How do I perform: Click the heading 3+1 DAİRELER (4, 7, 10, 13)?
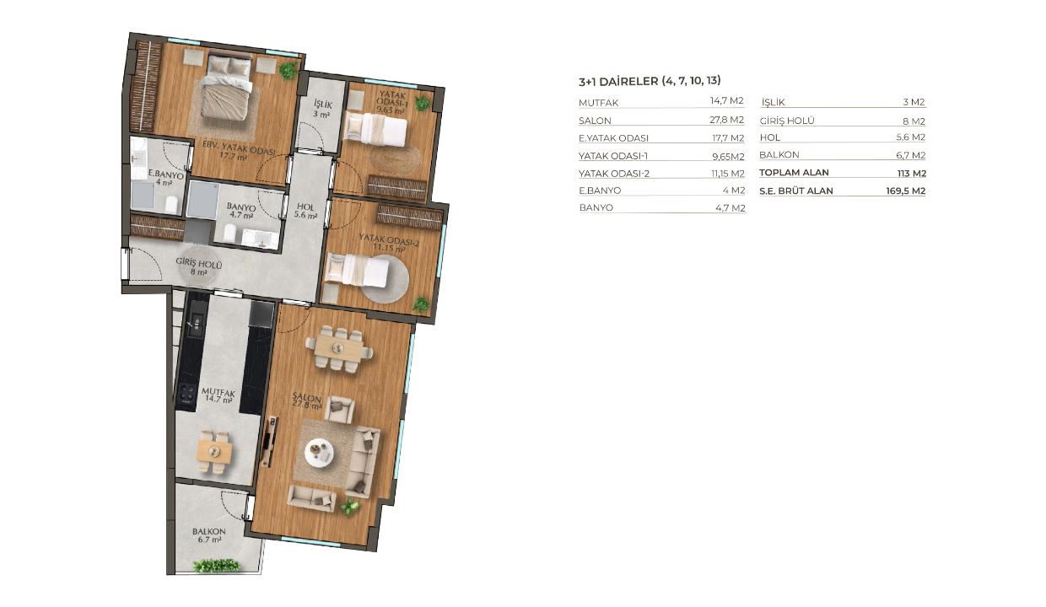[x=650, y=81]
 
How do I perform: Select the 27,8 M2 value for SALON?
[x=726, y=120]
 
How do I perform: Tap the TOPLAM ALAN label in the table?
[x=794, y=173]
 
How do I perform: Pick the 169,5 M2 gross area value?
[x=906, y=191]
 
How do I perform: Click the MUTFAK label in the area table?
[x=598, y=103]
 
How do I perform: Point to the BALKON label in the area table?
[x=779, y=155]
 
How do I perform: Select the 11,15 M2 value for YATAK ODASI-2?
[x=727, y=174]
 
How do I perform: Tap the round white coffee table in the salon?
[x=319, y=452]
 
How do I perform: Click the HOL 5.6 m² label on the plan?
[x=305, y=211]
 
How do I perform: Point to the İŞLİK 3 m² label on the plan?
[x=322, y=109]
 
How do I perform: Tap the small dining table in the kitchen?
[x=214, y=451]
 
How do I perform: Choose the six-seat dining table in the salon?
[x=338, y=348]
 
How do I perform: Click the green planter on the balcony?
[x=217, y=566]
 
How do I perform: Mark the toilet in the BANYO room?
[x=229, y=234]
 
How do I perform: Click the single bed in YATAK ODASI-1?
[x=375, y=129]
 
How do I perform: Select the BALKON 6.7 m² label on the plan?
[x=208, y=535]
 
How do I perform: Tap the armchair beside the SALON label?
[x=339, y=410]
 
